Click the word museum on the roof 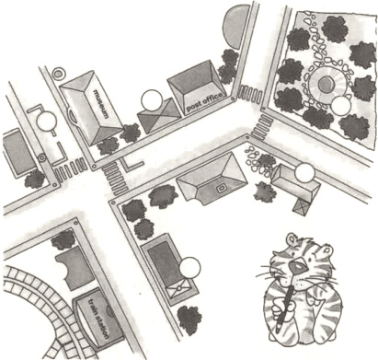pos(101,104)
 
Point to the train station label pos(98,318)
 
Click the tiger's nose pos(299,267)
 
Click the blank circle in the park pos(340,105)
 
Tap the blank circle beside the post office pos(152,100)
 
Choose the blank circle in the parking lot pos(47,122)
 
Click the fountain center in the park pos(325,84)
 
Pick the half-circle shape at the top pos(237,26)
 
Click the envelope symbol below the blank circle pos(178,289)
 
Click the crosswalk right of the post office pos(250,93)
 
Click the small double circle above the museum pos(58,74)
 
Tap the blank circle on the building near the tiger pos(304,173)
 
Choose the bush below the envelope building pos(189,320)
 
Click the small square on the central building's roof pos(221,188)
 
